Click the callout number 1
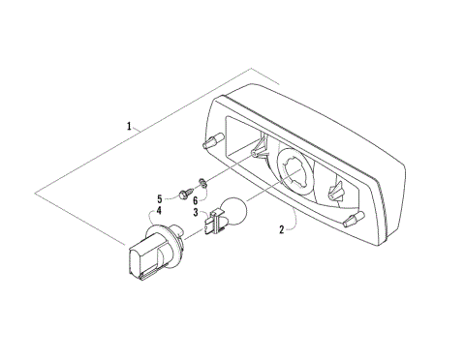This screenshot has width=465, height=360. [129, 126]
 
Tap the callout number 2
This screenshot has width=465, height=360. [282, 230]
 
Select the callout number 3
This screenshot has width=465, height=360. [195, 213]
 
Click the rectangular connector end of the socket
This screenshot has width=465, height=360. [139, 264]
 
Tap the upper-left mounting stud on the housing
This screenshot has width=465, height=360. [210, 140]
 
